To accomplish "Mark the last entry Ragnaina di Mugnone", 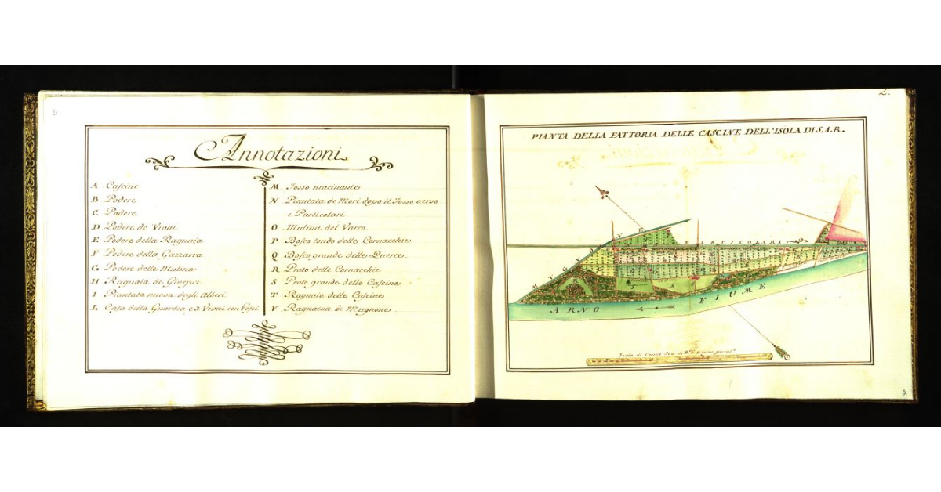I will point(334,309).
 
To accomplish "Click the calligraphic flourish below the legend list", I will point(267,342).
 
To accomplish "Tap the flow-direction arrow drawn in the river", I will point(656,308).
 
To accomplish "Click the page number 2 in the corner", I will point(885,92).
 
